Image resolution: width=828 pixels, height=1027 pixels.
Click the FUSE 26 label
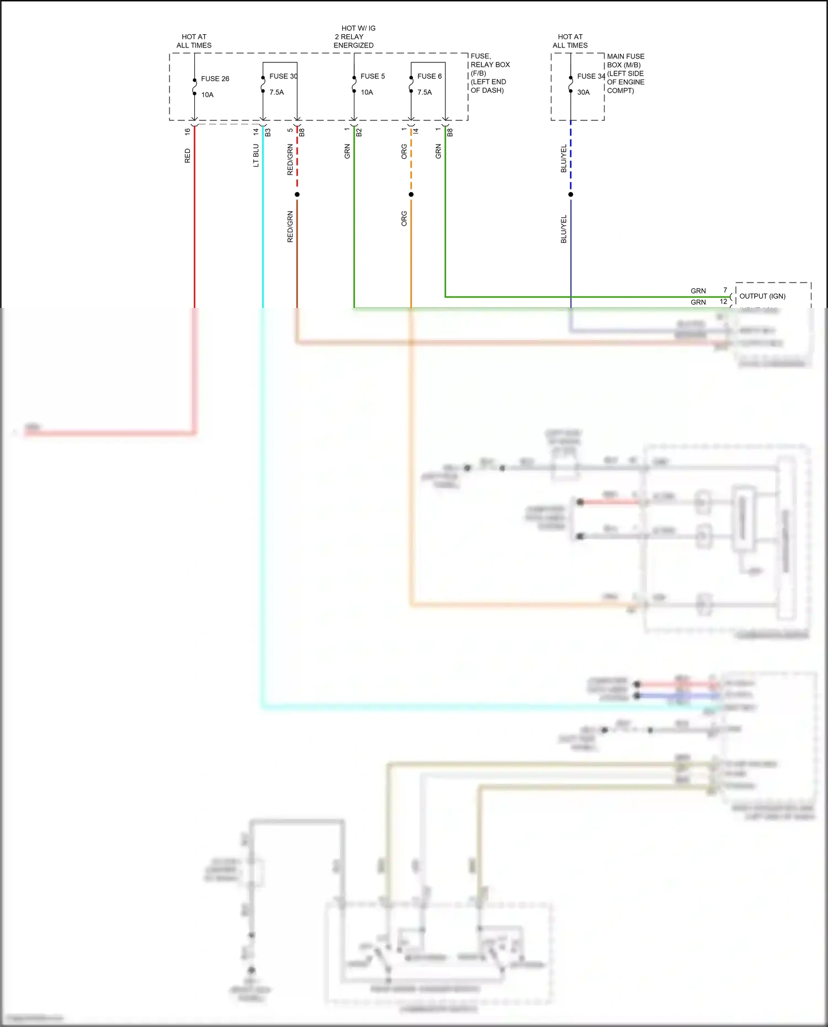pos(215,79)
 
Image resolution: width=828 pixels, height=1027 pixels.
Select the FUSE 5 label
pos(373,76)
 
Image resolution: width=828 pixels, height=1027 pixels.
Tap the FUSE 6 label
pos(429,76)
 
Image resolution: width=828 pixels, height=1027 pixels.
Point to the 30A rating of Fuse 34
pos(583,92)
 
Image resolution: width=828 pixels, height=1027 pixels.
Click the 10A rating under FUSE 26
pos(207,95)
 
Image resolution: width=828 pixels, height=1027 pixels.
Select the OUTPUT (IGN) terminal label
pos(762,296)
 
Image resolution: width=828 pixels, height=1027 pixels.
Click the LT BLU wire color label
pos(256,156)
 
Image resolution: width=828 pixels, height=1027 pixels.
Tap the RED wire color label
pos(188,156)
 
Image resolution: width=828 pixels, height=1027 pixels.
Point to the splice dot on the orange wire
pos(411,194)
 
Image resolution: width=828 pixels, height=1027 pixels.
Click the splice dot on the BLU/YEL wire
pos(571,194)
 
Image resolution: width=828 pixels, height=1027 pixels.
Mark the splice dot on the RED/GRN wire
pos(297,194)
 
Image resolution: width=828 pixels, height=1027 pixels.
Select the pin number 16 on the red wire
pos(188,132)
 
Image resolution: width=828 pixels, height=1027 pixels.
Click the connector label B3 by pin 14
pos(268,132)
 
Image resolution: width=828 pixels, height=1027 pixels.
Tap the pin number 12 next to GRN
pos(723,301)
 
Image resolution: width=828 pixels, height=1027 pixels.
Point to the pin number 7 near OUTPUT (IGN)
pos(725,290)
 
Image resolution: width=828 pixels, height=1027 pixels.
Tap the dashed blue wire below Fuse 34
pos(571,157)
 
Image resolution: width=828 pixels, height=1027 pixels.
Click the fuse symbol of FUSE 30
pos(263,84)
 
